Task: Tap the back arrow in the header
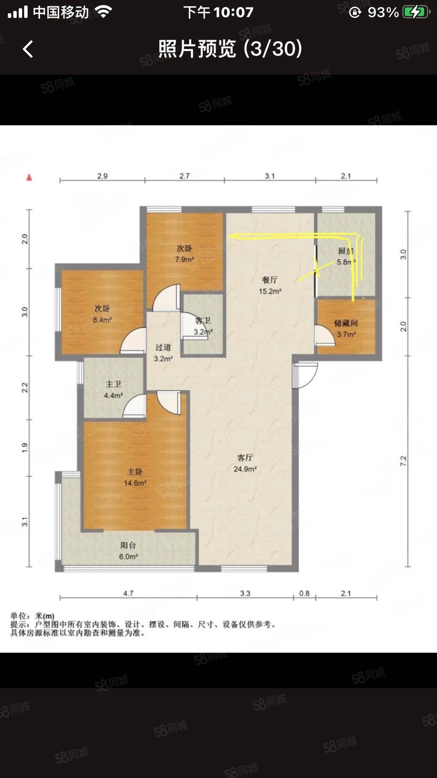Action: pyautogui.click(x=28, y=49)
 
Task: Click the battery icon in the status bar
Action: pyautogui.click(x=416, y=12)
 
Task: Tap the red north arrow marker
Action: pyautogui.click(x=29, y=178)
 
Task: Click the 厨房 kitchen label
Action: pyautogui.click(x=346, y=251)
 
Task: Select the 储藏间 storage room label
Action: pyautogui.click(x=346, y=323)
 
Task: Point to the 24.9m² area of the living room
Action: pyautogui.click(x=245, y=469)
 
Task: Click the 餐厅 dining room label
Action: pyautogui.click(x=269, y=280)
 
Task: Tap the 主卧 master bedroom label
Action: pyautogui.click(x=135, y=472)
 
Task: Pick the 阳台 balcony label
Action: pyautogui.click(x=128, y=545)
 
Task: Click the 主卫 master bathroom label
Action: pyautogui.click(x=113, y=384)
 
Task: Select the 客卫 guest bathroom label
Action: pyautogui.click(x=203, y=321)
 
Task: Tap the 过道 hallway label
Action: pyautogui.click(x=163, y=348)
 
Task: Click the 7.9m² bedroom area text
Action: pyautogui.click(x=184, y=259)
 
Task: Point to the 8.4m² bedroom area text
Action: pyautogui.click(x=102, y=320)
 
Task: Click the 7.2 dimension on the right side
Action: pyautogui.click(x=403, y=461)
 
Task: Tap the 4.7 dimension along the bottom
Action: pyautogui.click(x=128, y=593)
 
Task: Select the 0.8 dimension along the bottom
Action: pyautogui.click(x=304, y=593)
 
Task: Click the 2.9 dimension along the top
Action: pyautogui.click(x=102, y=176)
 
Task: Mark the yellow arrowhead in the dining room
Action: pyautogui.click(x=232, y=236)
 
